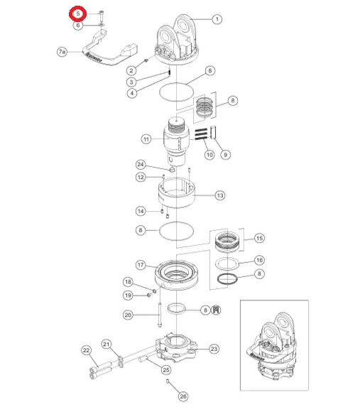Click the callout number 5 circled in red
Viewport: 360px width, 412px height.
click(x=77, y=13)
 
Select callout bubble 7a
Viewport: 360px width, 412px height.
click(x=62, y=51)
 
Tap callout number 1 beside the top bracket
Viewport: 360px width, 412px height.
click(x=217, y=19)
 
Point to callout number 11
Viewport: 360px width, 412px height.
click(x=146, y=139)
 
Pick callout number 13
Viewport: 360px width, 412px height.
click(x=220, y=195)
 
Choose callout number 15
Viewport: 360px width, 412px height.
click(x=259, y=238)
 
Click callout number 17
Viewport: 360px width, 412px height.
click(x=141, y=265)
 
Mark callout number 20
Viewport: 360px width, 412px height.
click(x=128, y=315)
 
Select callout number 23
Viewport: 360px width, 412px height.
click(x=214, y=349)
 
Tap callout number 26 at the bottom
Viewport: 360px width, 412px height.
click(x=183, y=396)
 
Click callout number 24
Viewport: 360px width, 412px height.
click(x=141, y=165)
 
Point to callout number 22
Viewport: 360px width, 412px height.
click(x=87, y=350)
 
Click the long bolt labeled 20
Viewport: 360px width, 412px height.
click(x=160, y=315)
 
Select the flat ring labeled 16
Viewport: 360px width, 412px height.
click(x=227, y=264)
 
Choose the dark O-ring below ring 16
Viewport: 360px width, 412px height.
click(x=227, y=278)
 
